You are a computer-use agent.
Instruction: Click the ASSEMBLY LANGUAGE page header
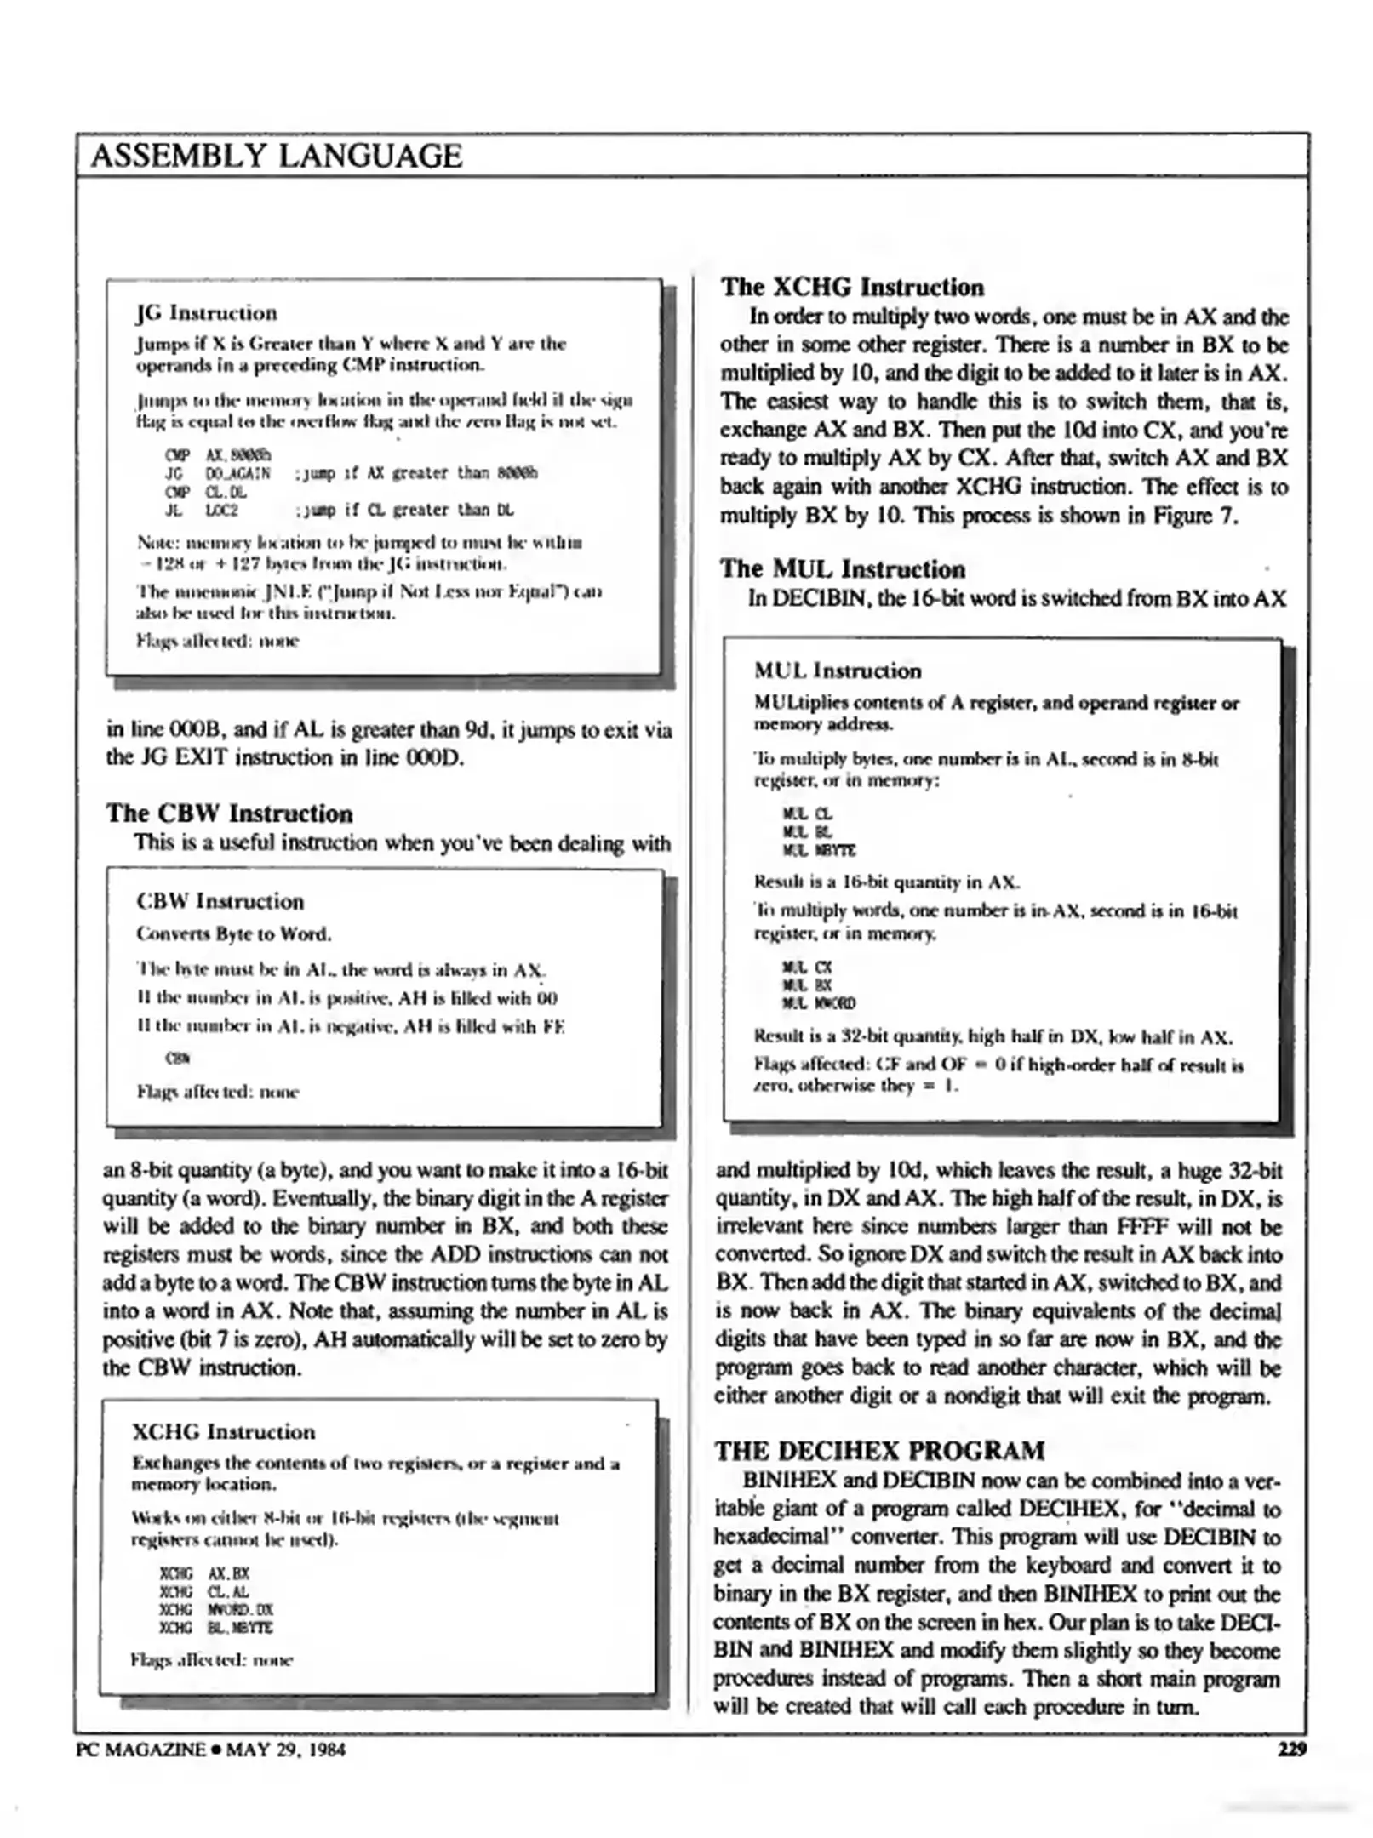point(276,156)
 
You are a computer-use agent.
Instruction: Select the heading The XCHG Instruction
point(852,287)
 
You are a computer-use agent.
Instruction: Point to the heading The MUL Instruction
point(842,568)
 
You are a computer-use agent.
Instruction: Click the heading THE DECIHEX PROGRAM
point(879,1450)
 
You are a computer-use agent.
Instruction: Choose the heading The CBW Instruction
point(229,813)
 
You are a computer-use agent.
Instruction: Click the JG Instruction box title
point(207,312)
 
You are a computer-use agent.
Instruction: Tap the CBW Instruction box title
point(220,901)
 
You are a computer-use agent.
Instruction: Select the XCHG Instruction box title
point(223,1431)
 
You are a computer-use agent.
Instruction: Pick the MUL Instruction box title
point(838,671)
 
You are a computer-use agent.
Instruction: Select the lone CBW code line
point(177,1059)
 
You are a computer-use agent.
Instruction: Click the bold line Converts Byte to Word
point(234,933)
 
